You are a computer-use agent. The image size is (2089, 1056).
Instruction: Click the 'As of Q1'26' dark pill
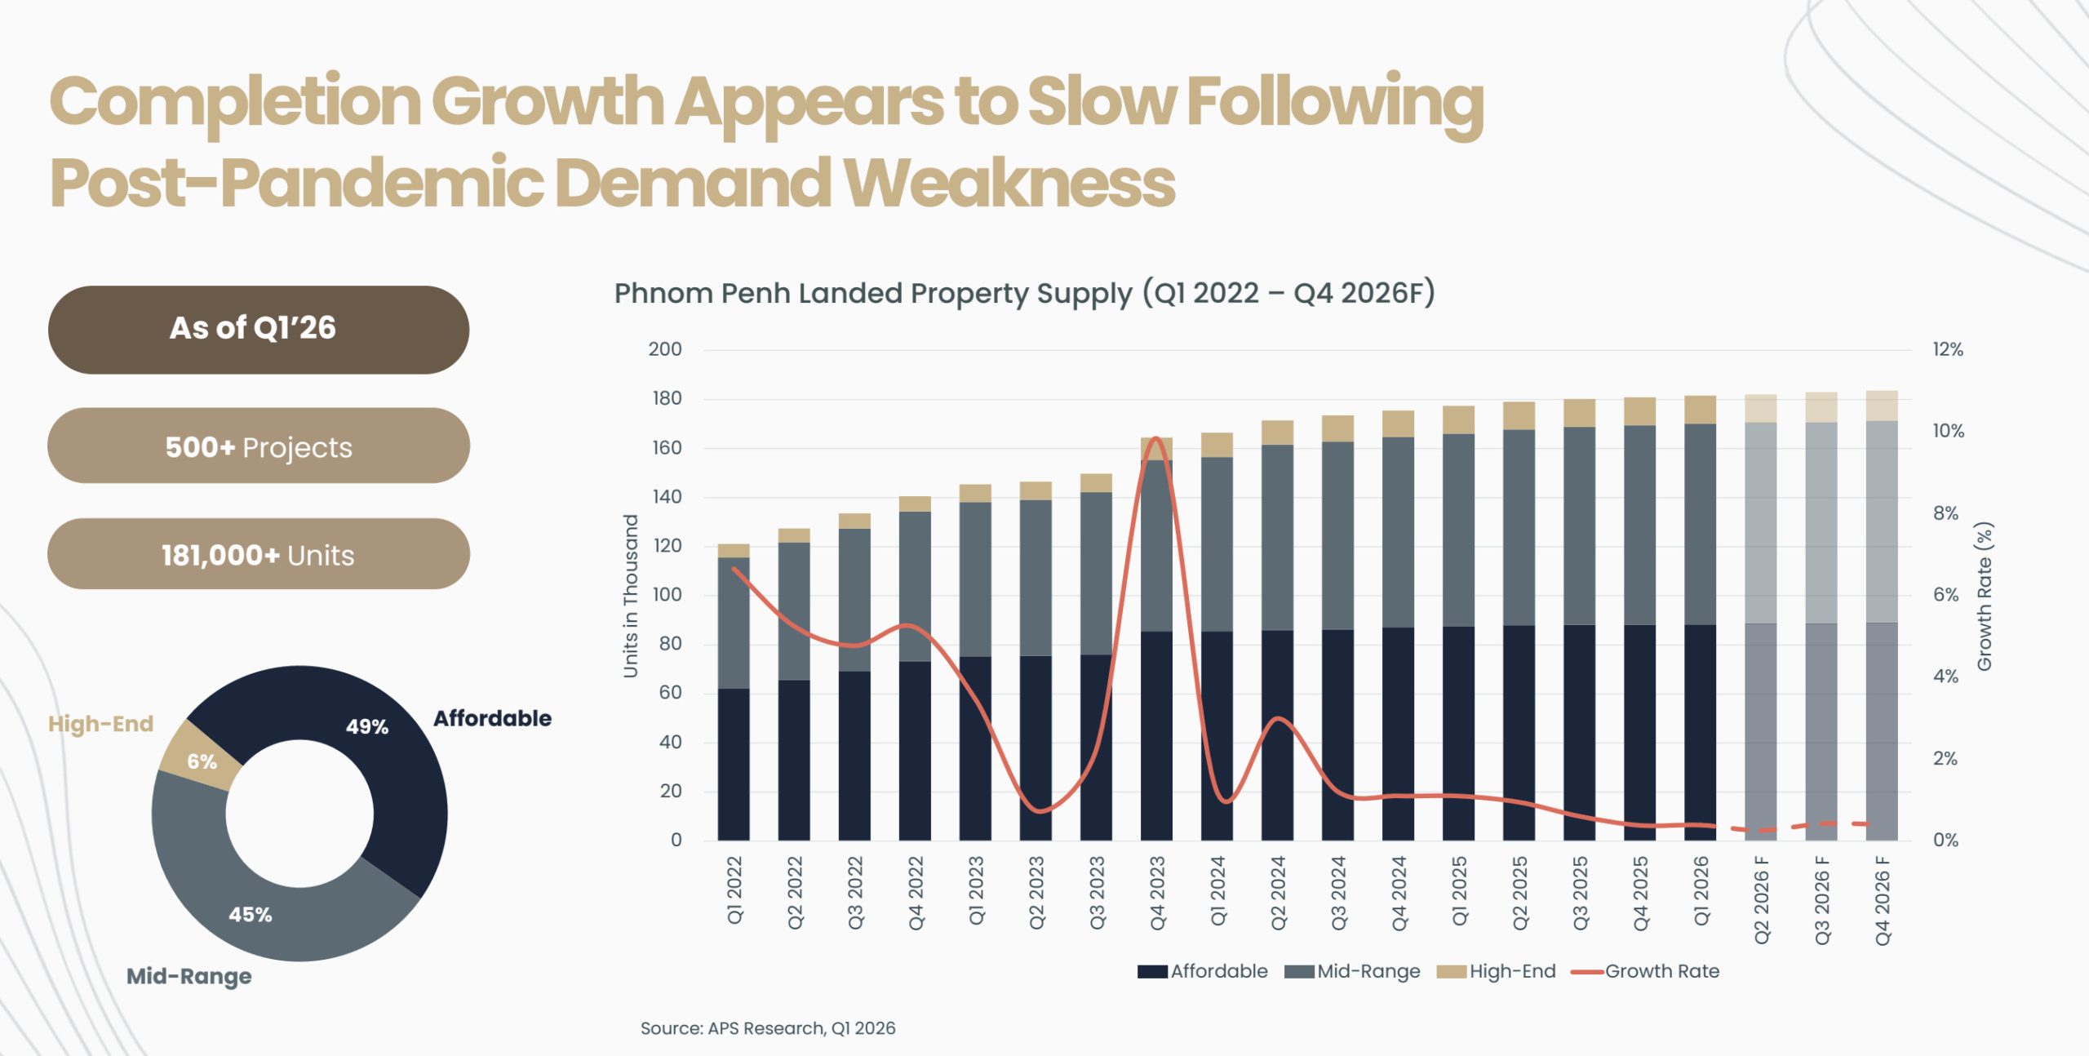(258, 329)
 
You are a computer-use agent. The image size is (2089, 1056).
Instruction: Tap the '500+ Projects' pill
(258, 446)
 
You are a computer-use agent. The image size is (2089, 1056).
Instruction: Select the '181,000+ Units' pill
(258, 555)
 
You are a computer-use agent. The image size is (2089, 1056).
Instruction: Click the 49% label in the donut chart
(366, 726)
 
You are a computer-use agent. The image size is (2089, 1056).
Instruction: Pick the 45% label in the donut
(250, 914)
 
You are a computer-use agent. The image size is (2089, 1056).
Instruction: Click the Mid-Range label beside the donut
(188, 976)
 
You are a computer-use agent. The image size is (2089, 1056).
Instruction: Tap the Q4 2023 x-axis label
(1157, 893)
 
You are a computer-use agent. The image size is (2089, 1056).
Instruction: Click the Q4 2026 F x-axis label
(1883, 900)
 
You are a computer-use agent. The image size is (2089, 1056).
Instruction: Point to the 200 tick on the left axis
(664, 349)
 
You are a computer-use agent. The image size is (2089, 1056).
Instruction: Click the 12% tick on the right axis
(1947, 349)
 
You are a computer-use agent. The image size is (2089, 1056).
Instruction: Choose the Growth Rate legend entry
(1646, 971)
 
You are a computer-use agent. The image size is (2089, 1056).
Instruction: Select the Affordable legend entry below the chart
(1203, 971)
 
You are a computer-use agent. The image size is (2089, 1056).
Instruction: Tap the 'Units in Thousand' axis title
(630, 596)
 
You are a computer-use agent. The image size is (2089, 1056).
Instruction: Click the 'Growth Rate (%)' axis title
(1985, 596)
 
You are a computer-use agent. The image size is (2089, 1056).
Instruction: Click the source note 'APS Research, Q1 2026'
(767, 1028)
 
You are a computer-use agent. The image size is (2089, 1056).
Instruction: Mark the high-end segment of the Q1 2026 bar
(1701, 410)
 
